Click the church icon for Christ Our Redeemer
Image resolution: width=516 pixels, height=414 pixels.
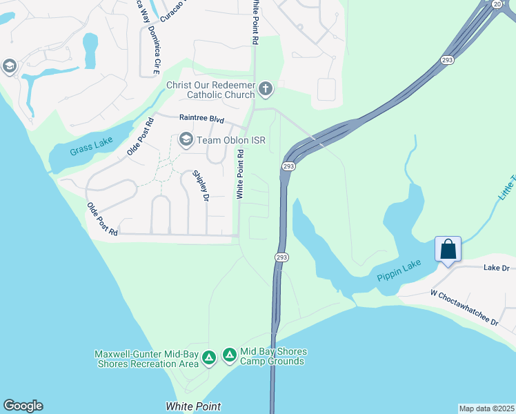tap(266, 89)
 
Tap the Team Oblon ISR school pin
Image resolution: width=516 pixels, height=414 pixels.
tap(186, 140)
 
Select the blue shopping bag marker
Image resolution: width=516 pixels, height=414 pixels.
tap(448, 249)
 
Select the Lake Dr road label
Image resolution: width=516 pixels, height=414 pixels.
tap(497, 268)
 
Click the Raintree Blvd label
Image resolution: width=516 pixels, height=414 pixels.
tap(201, 119)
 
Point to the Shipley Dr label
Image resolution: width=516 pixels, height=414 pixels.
tap(201, 186)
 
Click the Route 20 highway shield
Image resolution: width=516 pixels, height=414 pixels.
tap(497, 4)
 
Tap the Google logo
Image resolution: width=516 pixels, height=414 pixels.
tap(23, 406)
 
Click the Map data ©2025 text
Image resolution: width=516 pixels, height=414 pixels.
tap(486, 408)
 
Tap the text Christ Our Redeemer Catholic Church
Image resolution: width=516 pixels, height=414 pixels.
tap(210, 90)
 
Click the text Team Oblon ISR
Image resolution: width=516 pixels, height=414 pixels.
tap(231, 140)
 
